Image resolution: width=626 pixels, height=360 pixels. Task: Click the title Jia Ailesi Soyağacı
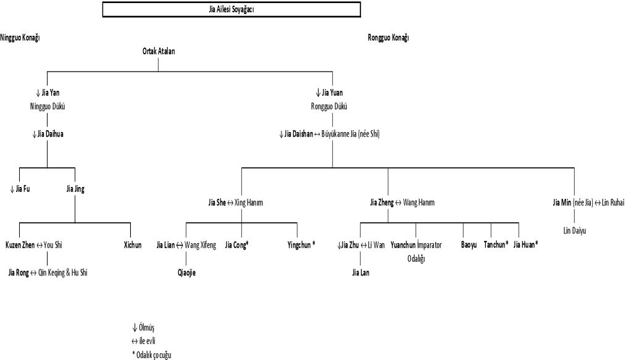tap(231, 10)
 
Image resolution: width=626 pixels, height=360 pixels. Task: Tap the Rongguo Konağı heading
tap(388, 38)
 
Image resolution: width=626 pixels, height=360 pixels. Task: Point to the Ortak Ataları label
tap(159, 52)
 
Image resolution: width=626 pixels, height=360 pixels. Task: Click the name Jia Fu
tap(23, 189)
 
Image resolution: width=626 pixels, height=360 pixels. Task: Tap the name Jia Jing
tap(75, 189)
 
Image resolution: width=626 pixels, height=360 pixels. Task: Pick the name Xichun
tap(133, 245)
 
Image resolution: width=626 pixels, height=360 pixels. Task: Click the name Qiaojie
tap(186, 272)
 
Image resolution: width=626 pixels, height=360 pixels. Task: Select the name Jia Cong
tap(236, 245)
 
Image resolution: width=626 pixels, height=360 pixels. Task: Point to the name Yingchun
tap(301, 245)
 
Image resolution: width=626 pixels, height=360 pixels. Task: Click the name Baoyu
tap(469, 245)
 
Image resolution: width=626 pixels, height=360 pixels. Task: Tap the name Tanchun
tap(496, 245)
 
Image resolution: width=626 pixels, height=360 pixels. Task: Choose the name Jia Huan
tap(526, 245)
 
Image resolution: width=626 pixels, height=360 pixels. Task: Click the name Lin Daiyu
tap(574, 230)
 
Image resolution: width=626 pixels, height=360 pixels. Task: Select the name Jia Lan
tap(361, 272)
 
